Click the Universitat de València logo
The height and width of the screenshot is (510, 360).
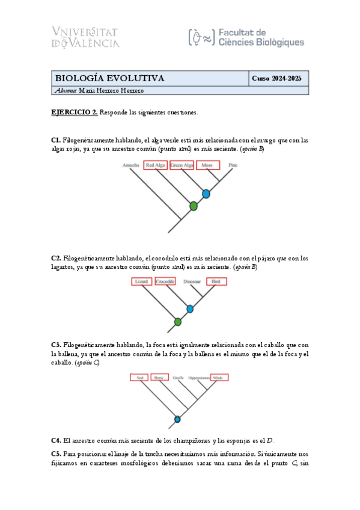86,37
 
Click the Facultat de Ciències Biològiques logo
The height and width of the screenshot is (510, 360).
246,37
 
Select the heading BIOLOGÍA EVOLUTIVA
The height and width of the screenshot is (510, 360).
109,79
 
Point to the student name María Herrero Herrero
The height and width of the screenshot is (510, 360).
99,91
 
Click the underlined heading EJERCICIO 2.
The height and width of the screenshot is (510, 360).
75,112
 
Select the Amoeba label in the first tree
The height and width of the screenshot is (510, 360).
130,165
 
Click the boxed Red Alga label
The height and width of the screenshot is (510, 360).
155,165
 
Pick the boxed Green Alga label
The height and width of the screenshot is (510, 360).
182,165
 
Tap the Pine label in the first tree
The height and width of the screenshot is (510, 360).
233,165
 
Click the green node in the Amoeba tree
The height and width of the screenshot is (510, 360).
194,206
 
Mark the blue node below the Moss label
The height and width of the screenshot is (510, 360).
206,194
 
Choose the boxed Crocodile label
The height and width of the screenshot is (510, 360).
165,281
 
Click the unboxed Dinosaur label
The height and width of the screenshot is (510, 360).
192,281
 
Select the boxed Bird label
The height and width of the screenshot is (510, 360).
216,281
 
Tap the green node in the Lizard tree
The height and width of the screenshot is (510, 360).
178,322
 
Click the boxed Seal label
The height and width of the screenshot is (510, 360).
139,378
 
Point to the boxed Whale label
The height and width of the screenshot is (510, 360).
219,378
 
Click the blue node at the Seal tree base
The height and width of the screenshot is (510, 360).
177,419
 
